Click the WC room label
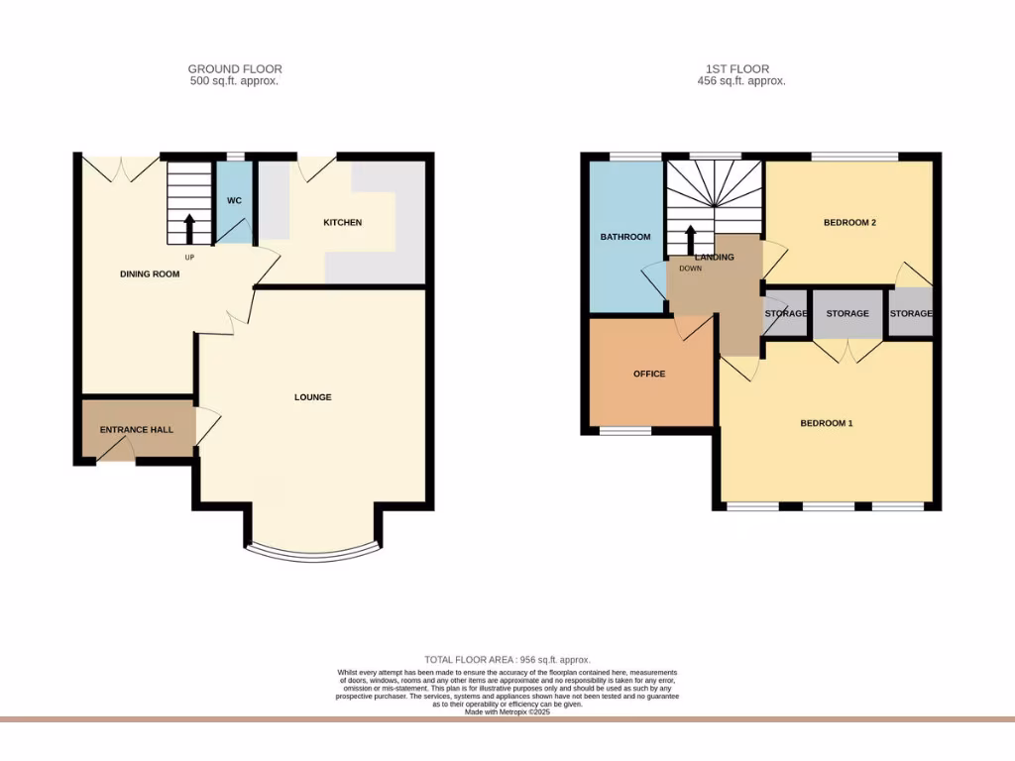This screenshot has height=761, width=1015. point(234,201)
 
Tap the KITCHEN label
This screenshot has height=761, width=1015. point(343,223)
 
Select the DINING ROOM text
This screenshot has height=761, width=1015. point(150,274)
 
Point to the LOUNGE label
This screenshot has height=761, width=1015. point(312,397)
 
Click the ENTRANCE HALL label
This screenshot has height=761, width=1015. point(136,430)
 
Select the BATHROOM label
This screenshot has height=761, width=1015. point(625,237)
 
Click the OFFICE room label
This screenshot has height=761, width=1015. point(649,374)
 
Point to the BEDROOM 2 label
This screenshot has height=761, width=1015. point(849,223)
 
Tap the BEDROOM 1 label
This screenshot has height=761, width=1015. point(827,424)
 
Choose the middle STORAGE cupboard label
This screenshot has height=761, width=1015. point(847,314)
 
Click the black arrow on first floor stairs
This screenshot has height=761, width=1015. point(691,240)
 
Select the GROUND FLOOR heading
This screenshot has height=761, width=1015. point(235,69)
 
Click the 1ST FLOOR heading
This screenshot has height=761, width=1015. point(740,69)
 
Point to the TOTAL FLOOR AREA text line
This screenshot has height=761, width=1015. point(507,660)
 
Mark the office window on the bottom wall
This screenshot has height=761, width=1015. point(625,431)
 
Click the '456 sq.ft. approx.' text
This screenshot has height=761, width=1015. point(740,81)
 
